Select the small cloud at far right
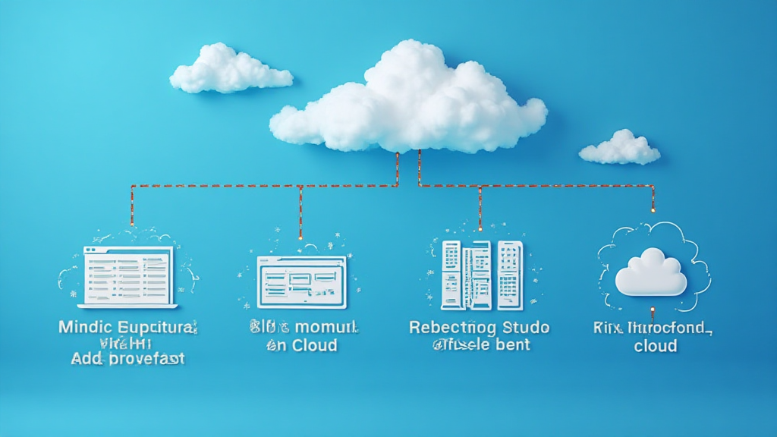(x=620, y=148)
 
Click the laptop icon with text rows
(x=127, y=277)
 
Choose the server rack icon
(x=482, y=275)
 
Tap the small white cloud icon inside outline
(x=650, y=273)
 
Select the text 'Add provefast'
(x=127, y=359)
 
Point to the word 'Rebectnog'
(x=451, y=329)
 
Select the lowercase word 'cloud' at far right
(x=655, y=346)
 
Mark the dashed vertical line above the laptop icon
(x=131, y=206)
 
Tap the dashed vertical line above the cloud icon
(x=653, y=199)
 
